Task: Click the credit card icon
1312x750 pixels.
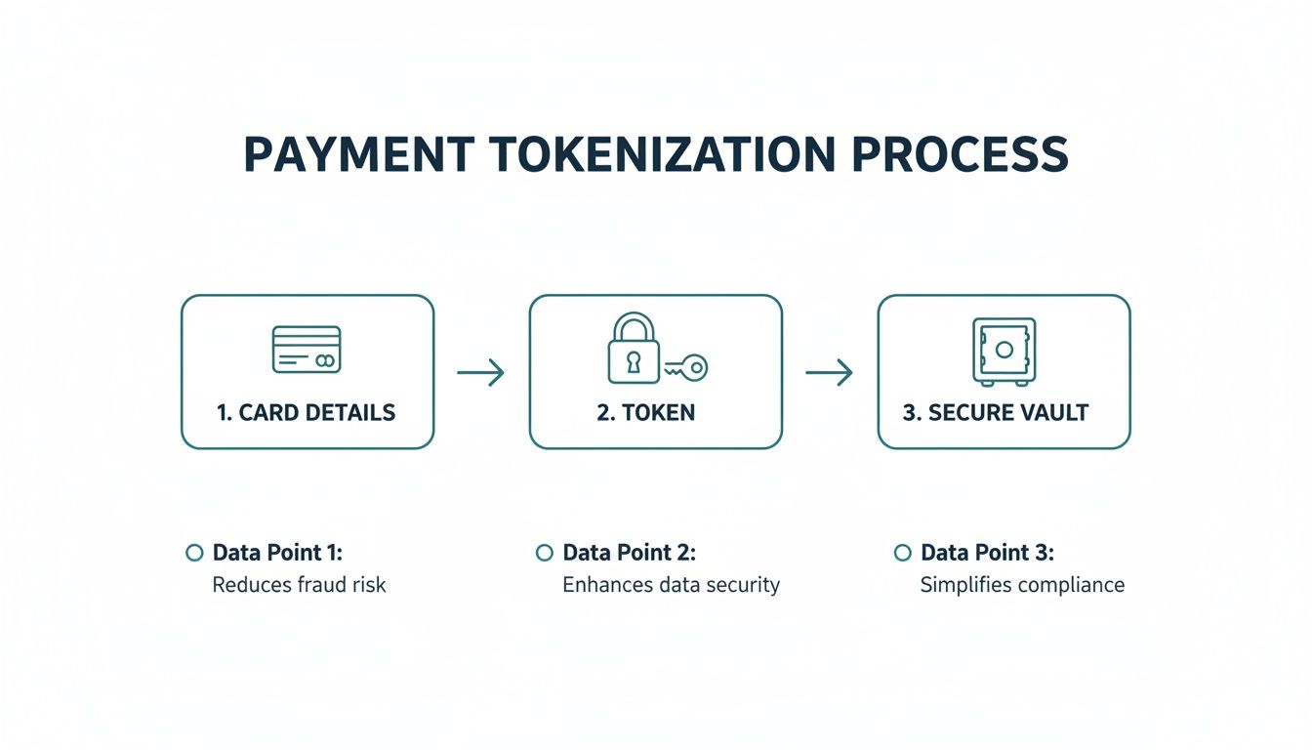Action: click(306, 350)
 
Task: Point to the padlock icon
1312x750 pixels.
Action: click(633, 349)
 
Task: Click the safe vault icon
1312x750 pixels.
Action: click(1004, 351)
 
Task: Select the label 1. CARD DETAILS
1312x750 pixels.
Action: click(306, 412)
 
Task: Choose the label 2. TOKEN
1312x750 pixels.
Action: click(646, 412)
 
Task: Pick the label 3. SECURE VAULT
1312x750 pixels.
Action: click(995, 412)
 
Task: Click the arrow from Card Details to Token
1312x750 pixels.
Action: click(480, 372)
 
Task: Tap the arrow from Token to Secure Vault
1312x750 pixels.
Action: click(829, 372)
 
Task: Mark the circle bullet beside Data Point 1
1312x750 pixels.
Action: click(193, 554)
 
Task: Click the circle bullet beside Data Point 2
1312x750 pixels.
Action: click(544, 554)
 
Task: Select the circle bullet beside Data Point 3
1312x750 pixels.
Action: click(902, 554)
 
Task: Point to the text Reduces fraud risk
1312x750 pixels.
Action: click(299, 585)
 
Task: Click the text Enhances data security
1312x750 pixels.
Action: click(671, 585)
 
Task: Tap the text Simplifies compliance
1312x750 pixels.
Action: click(1022, 585)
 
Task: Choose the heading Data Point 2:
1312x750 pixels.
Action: click(629, 553)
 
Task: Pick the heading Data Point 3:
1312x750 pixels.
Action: click(987, 553)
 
